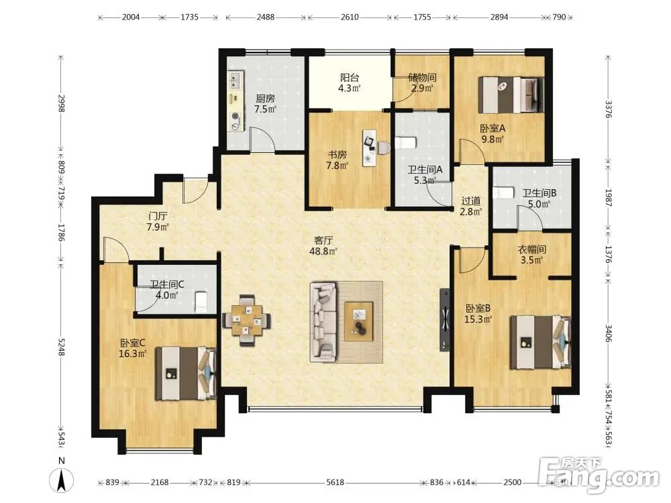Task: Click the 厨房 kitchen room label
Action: tap(265, 99)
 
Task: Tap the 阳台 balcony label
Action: tap(350, 77)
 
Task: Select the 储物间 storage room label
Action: tap(422, 77)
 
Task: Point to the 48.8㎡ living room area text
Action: tap(323, 251)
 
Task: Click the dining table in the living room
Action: tap(246, 320)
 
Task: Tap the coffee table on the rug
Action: tap(359, 321)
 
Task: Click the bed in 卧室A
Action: tap(511, 95)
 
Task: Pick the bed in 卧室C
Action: tap(185, 374)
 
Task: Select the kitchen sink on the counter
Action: tap(236, 81)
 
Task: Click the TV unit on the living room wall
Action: tap(445, 320)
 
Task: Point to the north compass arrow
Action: tap(62, 479)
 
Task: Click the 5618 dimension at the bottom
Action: tap(335, 482)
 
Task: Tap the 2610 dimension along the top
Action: tap(350, 17)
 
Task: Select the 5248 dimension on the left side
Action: tap(61, 347)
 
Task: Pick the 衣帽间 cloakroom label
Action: tap(532, 249)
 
